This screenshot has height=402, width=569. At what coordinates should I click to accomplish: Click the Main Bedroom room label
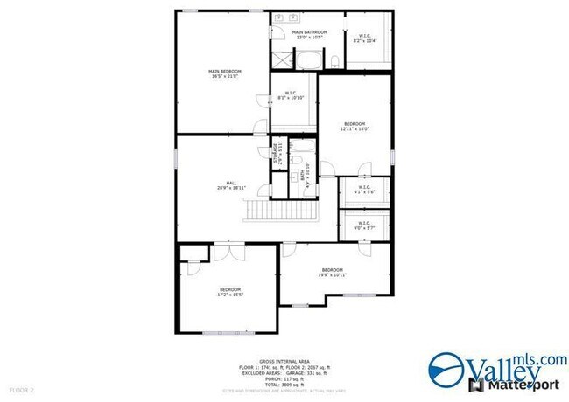(225, 73)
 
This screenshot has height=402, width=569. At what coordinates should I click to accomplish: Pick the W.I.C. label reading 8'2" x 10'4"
(366, 38)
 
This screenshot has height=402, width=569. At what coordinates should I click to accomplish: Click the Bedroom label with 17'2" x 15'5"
(230, 293)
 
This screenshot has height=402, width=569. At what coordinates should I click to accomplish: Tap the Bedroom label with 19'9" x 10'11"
(333, 272)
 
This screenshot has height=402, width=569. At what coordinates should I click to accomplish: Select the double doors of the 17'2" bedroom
(225, 253)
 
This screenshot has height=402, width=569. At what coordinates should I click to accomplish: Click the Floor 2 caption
(21, 388)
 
